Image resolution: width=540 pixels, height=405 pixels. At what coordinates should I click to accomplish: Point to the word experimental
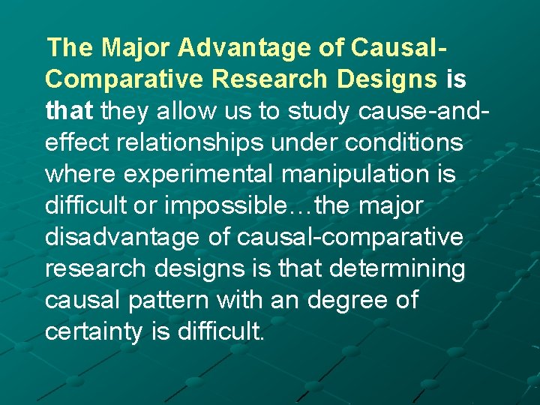[193, 175]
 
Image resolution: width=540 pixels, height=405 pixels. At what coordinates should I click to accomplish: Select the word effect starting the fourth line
[73, 143]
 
